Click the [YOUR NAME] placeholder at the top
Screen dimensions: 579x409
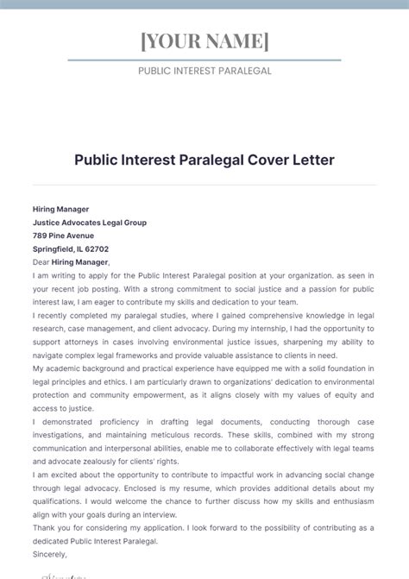(x=204, y=41)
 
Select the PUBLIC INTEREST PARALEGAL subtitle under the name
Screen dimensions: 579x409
(x=204, y=71)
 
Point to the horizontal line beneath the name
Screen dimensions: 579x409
(x=204, y=60)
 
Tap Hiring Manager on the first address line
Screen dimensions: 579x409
(x=60, y=209)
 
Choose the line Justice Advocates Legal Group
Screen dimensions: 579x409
(x=90, y=222)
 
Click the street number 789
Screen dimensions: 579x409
(x=41, y=235)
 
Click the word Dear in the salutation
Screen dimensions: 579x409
(x=41, y=261)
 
